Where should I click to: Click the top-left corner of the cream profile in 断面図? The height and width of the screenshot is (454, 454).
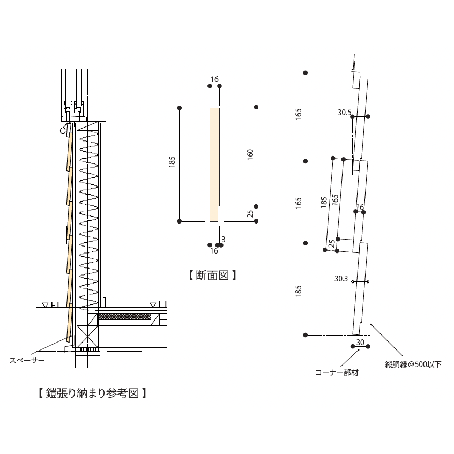coord(210,108)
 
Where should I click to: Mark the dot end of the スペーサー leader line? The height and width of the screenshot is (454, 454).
coord(70,337)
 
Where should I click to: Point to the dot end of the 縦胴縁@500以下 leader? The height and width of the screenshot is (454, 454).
coord(371,324)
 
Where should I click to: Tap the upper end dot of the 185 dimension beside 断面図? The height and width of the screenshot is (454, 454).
coord(180,108)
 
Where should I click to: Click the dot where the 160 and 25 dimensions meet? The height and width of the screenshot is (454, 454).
coord(256,206)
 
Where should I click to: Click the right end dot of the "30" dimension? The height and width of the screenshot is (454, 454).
coord(368,346)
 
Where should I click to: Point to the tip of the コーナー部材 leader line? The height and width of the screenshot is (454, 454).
coord(359,349)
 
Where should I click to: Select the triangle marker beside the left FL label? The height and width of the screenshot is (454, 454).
coord(45,304)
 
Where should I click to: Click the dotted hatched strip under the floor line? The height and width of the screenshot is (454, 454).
coord(124,316)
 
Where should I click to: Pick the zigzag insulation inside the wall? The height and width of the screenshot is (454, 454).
coord(88,221)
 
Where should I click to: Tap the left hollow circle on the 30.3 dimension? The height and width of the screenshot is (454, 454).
coord(352,282)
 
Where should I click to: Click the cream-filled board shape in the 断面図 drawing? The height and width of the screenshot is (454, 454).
coord(214,165)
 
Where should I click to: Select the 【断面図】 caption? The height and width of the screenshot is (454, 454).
coord(213,276)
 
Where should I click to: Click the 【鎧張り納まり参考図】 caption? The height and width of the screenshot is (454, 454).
coord(92,393)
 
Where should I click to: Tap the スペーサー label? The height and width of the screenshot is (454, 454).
coord(27,360)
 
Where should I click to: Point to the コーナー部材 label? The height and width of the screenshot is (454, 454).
coord(337,373)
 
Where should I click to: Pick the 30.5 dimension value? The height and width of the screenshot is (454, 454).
coord(344,113)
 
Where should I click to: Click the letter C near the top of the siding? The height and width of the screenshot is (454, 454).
coord(63,131)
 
